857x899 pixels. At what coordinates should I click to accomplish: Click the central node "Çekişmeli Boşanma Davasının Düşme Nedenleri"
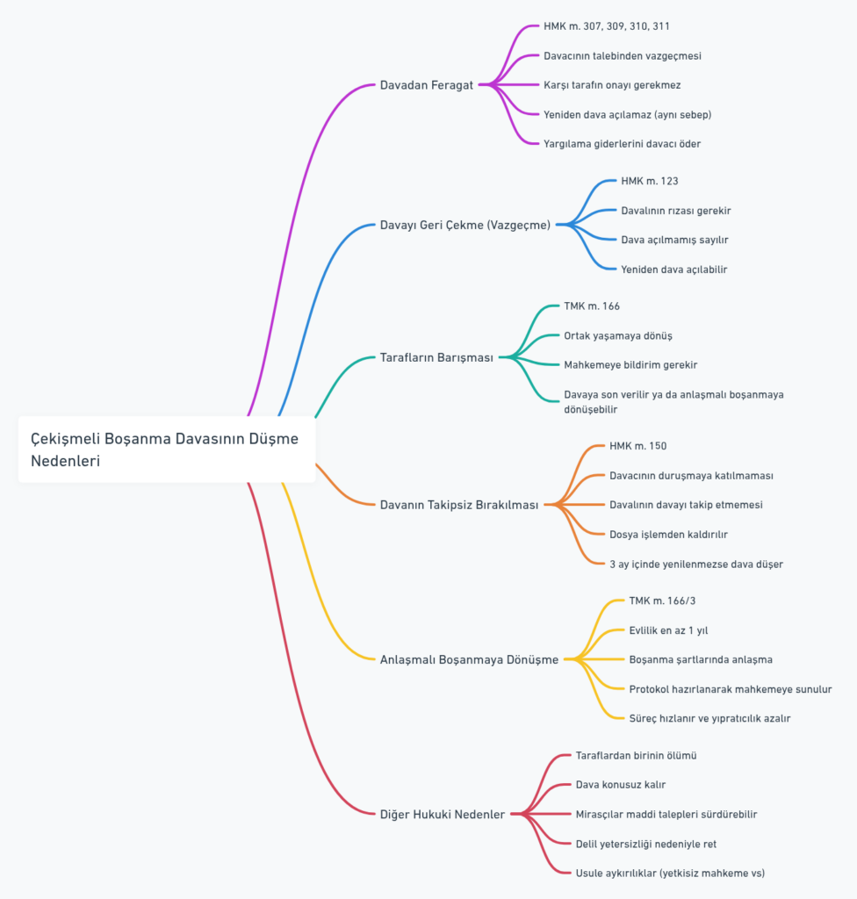[166, 449]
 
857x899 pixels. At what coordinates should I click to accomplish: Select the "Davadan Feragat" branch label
[426, 85]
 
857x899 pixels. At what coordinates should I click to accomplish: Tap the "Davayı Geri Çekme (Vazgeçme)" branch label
[465, 226]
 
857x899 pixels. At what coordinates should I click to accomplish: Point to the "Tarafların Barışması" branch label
[436, 358]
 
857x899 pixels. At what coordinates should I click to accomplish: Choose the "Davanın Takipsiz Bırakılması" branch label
[459, 505]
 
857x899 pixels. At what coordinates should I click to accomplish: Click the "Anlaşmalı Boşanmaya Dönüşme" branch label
[469, 660]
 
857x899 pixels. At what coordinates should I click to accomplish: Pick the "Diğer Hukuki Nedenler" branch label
[443, 814]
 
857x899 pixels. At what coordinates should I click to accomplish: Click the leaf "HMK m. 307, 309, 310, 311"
[607, 26]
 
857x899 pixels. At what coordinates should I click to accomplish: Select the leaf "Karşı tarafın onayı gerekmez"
[612, 85]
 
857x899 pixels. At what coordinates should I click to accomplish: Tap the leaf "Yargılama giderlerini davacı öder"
[622, 144]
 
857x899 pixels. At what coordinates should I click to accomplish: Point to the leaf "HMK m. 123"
[650, 181]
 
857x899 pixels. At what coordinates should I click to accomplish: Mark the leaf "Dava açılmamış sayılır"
[674, 241]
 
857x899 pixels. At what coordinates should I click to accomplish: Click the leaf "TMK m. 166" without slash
[592, 306]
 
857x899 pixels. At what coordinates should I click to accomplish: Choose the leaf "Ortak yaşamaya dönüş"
[618, 336]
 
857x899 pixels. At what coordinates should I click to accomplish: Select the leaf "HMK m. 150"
[637, 446]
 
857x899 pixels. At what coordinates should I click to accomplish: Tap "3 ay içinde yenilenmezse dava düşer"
[695, 565]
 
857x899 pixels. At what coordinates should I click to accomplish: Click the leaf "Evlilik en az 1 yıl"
[668, 630]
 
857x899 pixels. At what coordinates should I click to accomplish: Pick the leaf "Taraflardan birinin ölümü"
[636, 756]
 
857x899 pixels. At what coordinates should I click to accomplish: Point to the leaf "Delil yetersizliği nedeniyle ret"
[646, 844]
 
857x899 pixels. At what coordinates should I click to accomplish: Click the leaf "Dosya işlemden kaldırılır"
[668, 535]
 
